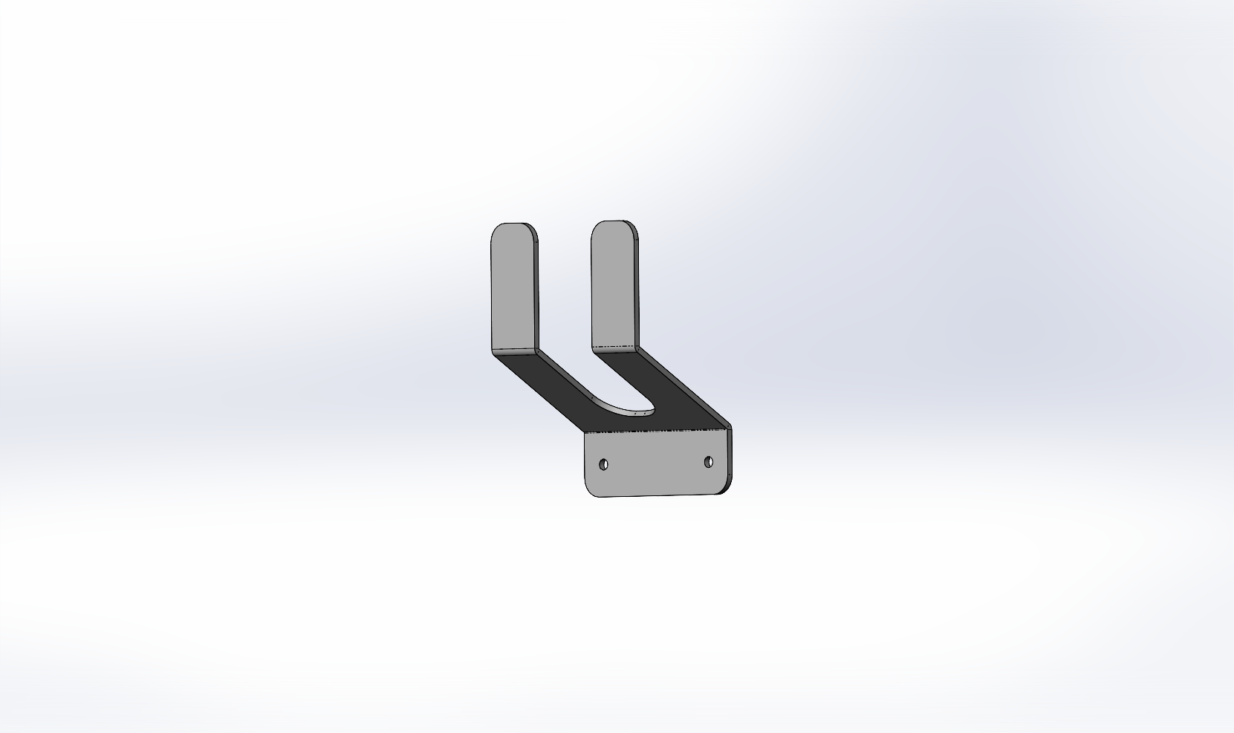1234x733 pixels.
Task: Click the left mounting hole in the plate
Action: pos(603,465)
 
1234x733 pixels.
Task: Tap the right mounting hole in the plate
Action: pos(708,462)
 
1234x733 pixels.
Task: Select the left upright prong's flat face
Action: pos(512,290)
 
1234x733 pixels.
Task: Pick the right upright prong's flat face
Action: pos(613,286)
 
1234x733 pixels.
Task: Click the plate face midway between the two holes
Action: pos(656,464)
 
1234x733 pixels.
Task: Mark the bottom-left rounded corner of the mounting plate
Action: pos(591,489)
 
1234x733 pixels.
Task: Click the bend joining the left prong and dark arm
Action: pos(513,350)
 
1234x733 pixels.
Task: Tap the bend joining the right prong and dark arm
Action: pos(615,347)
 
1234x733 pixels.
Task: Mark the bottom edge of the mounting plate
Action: pos(657,495)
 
